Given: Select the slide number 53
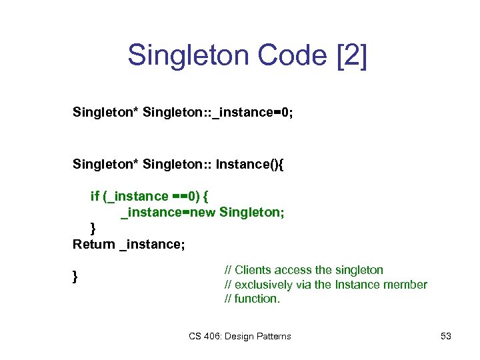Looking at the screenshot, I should click(x=446, y=336).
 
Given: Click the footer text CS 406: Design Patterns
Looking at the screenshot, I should click(x=239, y=336).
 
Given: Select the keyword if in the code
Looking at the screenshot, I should click(x=95, y=196).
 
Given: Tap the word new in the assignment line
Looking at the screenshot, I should click(x=203, y=212).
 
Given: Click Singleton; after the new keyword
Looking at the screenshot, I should click(x=251, y=212).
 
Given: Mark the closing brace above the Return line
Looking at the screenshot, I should click(x=93, y=228).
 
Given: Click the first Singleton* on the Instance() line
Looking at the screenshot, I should click(x=105, y=164).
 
